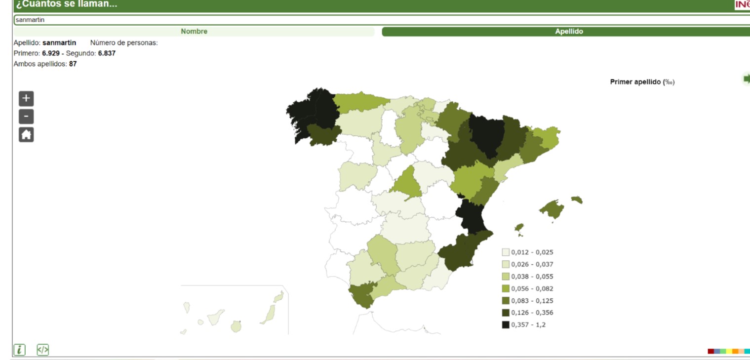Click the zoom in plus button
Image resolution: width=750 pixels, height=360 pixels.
click(x=26, y=98)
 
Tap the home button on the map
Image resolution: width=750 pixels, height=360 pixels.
click(x=26, y=135)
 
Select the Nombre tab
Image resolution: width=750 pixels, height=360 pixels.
click(x=194, y=32)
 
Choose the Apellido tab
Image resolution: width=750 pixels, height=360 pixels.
click(x=569, y=32)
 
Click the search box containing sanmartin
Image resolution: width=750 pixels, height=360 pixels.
click(x=346, y=20)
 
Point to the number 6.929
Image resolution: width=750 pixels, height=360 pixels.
click(x=51, y=53)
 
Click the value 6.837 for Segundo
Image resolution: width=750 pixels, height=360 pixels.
click(x=107, y=53)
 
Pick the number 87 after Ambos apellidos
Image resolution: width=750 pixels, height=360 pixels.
click(x=73, y=64)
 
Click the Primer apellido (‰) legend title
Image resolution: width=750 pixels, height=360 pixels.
click(x=642, y=82)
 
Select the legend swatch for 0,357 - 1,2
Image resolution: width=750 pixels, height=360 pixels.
click(x=506, y=324)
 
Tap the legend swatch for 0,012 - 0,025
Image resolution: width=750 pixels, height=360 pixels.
click(x=506, y=252)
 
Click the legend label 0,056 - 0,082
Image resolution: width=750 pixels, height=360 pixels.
click(x=532, y=288)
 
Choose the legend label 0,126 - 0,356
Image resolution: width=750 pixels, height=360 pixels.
click(x=532, y=313)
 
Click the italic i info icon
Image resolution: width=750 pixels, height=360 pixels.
click(x=19, y=350)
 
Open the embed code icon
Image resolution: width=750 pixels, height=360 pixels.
click(x=43, y=350)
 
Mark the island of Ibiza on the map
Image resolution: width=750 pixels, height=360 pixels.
click(x=519, y=228)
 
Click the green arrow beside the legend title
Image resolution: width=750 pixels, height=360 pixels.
click(x=746, y=79)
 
